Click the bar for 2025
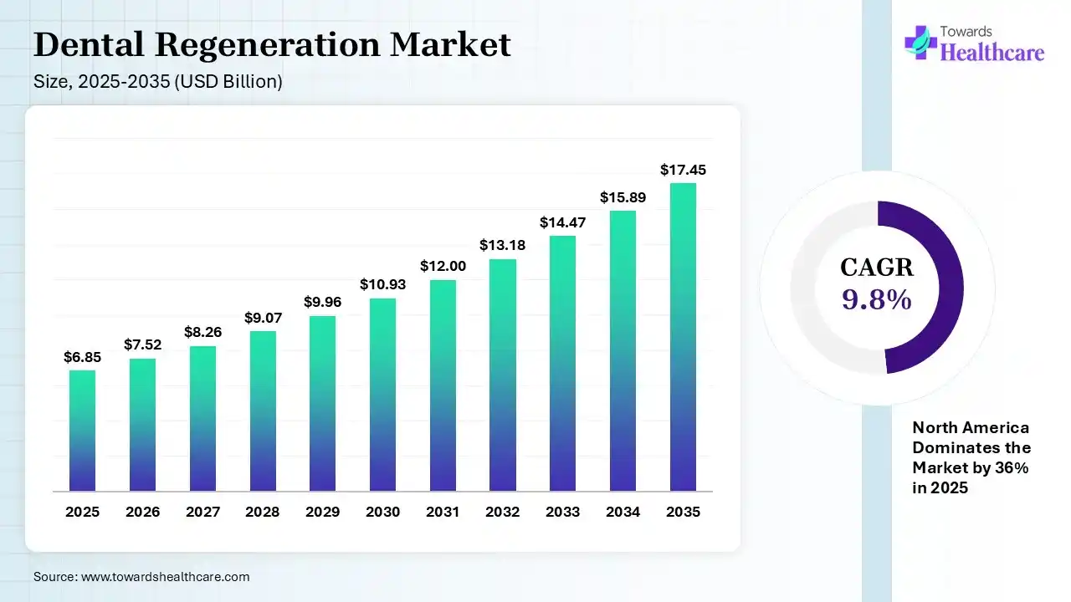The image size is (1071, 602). click(82, 431)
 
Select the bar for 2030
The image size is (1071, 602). click(382, 395)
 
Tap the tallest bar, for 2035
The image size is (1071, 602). click(683, 337)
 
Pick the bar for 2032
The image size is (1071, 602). click(503, 375)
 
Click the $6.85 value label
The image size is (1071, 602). click(82, 357)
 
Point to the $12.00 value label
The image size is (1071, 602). click(443, 266)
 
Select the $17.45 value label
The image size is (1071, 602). click(683, 170)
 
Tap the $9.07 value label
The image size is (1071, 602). click(262, 318)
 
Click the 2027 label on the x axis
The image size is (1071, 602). click(202, 512)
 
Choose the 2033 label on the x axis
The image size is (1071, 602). click(562, 512)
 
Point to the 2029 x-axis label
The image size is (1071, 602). click(322, 512)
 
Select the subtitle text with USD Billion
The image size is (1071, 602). click(157, 82)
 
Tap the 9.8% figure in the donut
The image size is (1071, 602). click(876, 299)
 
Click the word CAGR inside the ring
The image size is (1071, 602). click(876, 268)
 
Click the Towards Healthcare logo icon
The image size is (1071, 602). click(920, 42)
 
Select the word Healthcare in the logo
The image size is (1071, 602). click(992, 53)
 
